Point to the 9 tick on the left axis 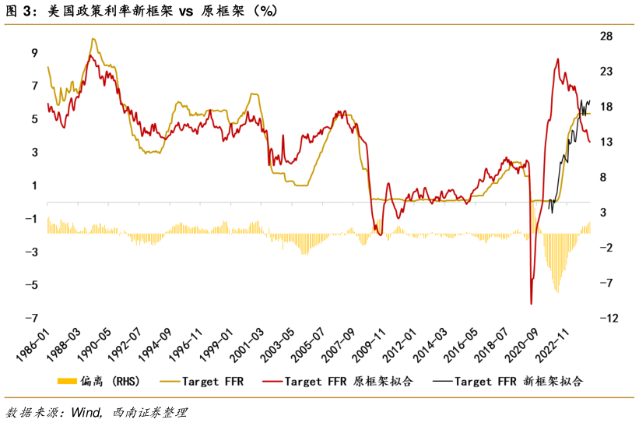(x=34, y=53)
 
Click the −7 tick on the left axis (x=32, y=318)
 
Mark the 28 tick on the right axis (x=606, y=37)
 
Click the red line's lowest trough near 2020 (x=531, y=304)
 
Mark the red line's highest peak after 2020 (x=557, y=59)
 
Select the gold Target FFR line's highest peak (x=93, y=39)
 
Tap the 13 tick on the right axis (x=606, y=142)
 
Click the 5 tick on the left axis (x=34, y=119)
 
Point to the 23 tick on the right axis (x=606, y=72)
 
